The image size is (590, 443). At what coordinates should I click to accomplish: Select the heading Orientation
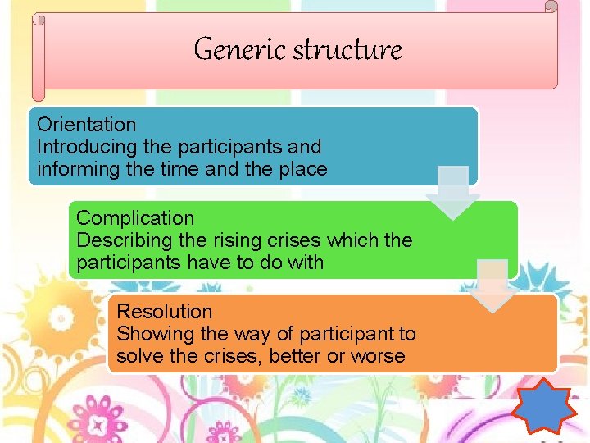87,126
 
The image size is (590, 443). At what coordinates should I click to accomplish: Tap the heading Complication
135,219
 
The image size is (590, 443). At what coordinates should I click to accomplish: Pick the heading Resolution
165,313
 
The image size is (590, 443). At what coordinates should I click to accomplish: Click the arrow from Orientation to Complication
453,192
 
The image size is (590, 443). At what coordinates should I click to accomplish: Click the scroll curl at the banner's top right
551,7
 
